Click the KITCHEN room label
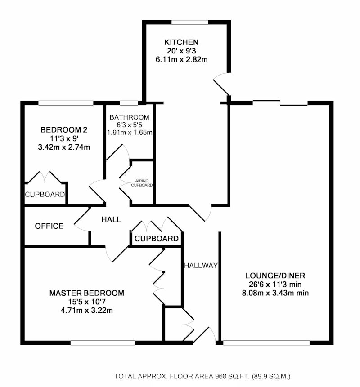(181, 42)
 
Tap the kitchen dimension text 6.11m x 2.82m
(182, 59)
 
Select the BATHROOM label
(130, 117)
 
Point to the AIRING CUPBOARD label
(142, 183)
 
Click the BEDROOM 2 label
(64, 129)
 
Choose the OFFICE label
(49, 226)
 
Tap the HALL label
(111, 219)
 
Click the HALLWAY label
(201, 265)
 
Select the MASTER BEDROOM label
(87, 293)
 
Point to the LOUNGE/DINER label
(275, 275)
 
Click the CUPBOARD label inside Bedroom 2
(45, 194)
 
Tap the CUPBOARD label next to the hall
(157, 238)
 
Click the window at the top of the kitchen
(190, 22)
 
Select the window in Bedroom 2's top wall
(66, 103)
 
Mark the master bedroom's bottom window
(103, 343)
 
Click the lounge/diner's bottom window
(266, 343)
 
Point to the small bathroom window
(129, 103)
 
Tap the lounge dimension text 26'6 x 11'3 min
(275, 284)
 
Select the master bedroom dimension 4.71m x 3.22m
(87, 310)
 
